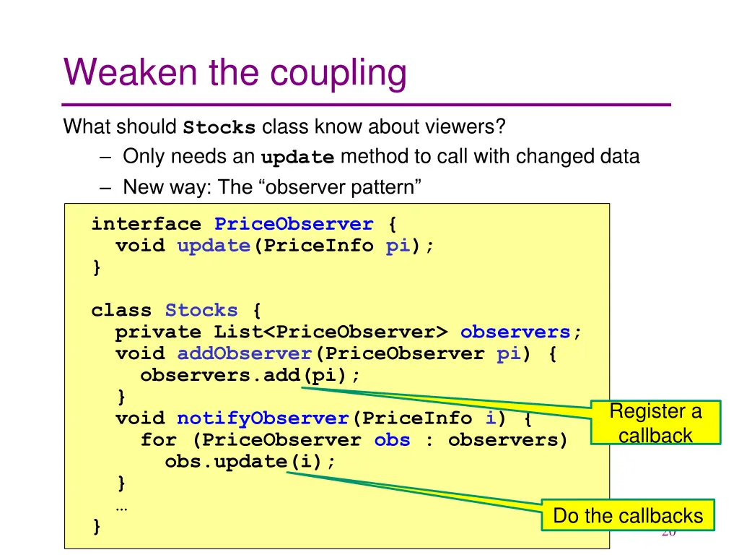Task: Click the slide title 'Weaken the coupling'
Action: point(235,73)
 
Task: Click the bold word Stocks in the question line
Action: point(219,128)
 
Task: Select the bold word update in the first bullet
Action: point(297,158)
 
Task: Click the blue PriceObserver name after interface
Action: point(294,224)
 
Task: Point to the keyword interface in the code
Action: point(146,224)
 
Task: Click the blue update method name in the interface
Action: point(214,246)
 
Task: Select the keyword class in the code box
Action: point(121,311)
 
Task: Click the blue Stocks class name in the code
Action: point(201,311)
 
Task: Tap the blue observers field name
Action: point(515,332)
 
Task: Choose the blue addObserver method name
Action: point(244,354)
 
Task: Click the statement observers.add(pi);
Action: point(250,376)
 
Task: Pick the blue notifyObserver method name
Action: point(263,418)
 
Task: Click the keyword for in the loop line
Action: point(158,440)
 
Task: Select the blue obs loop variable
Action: point(392,440)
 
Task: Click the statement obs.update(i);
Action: point(250,461)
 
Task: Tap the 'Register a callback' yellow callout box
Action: point(655,423)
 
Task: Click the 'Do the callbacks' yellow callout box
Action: point(627,516)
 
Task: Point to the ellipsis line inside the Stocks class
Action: point(122,506)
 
